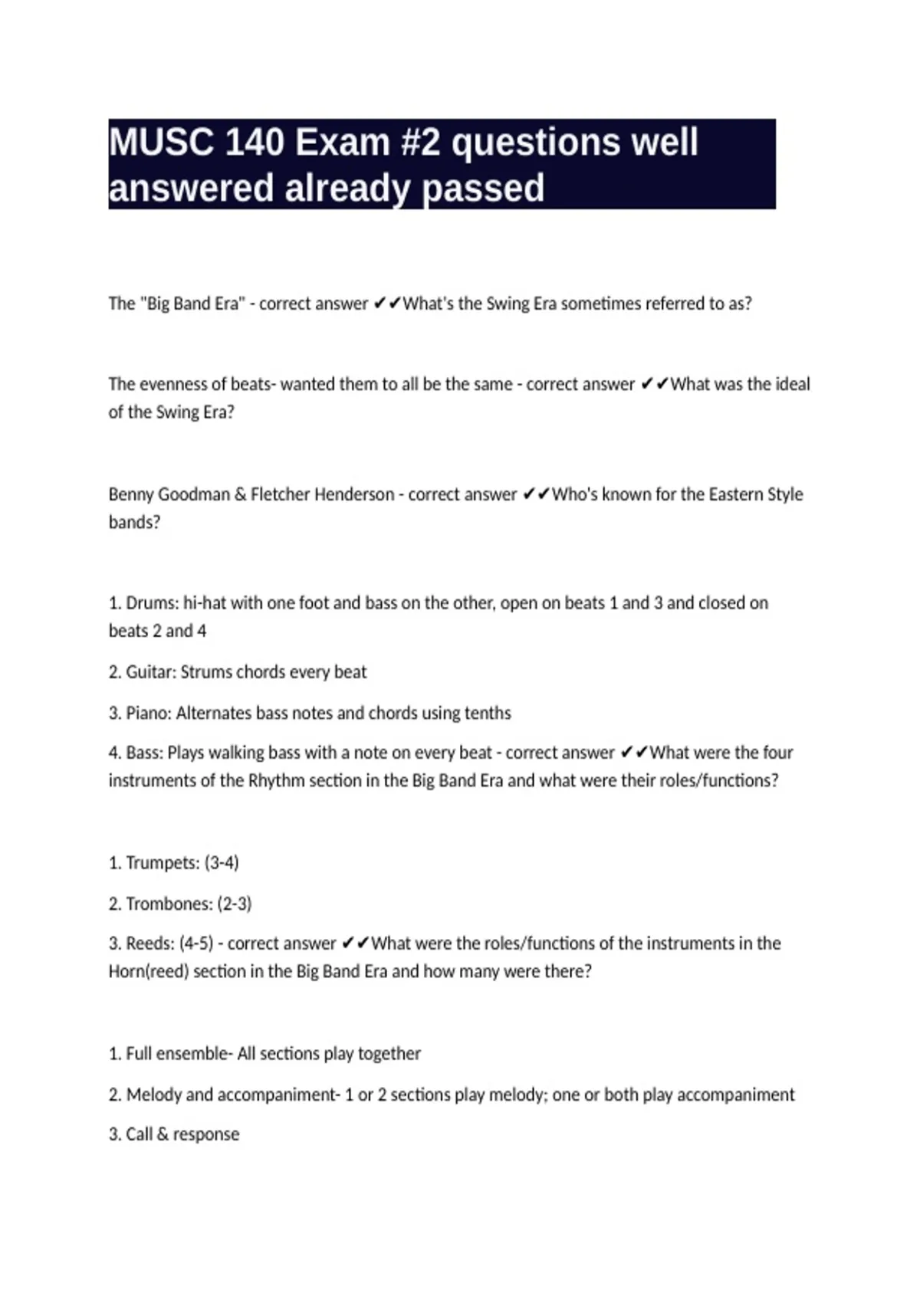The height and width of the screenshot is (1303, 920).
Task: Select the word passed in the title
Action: pyautogui.click(x=484, y=189)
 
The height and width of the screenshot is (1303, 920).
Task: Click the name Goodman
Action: pyautogui.click(x=193, y=494)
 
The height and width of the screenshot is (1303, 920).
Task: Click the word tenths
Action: pyautogui.click(x=488, y=713)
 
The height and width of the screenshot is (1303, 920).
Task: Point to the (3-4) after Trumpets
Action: pyautogui.click(x=222, y=863)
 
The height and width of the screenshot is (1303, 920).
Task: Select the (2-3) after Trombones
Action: pyautogui.click(x=235, y=904)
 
